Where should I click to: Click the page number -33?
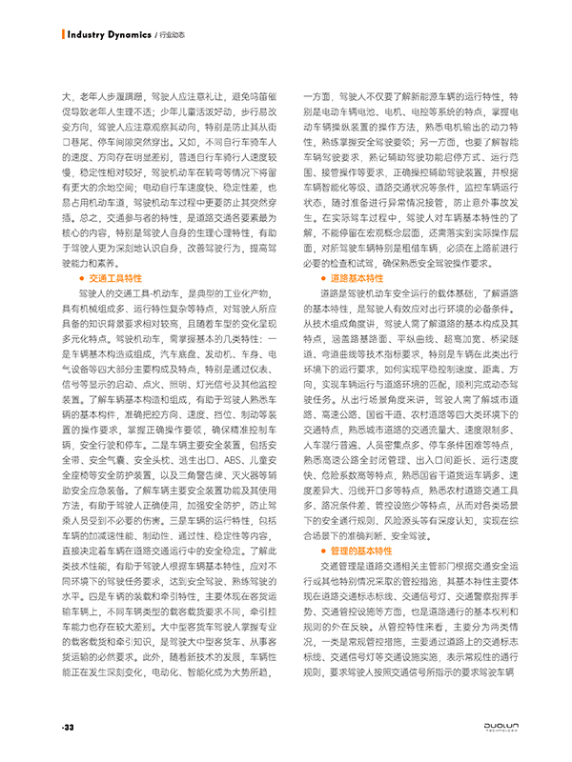[68, 727]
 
